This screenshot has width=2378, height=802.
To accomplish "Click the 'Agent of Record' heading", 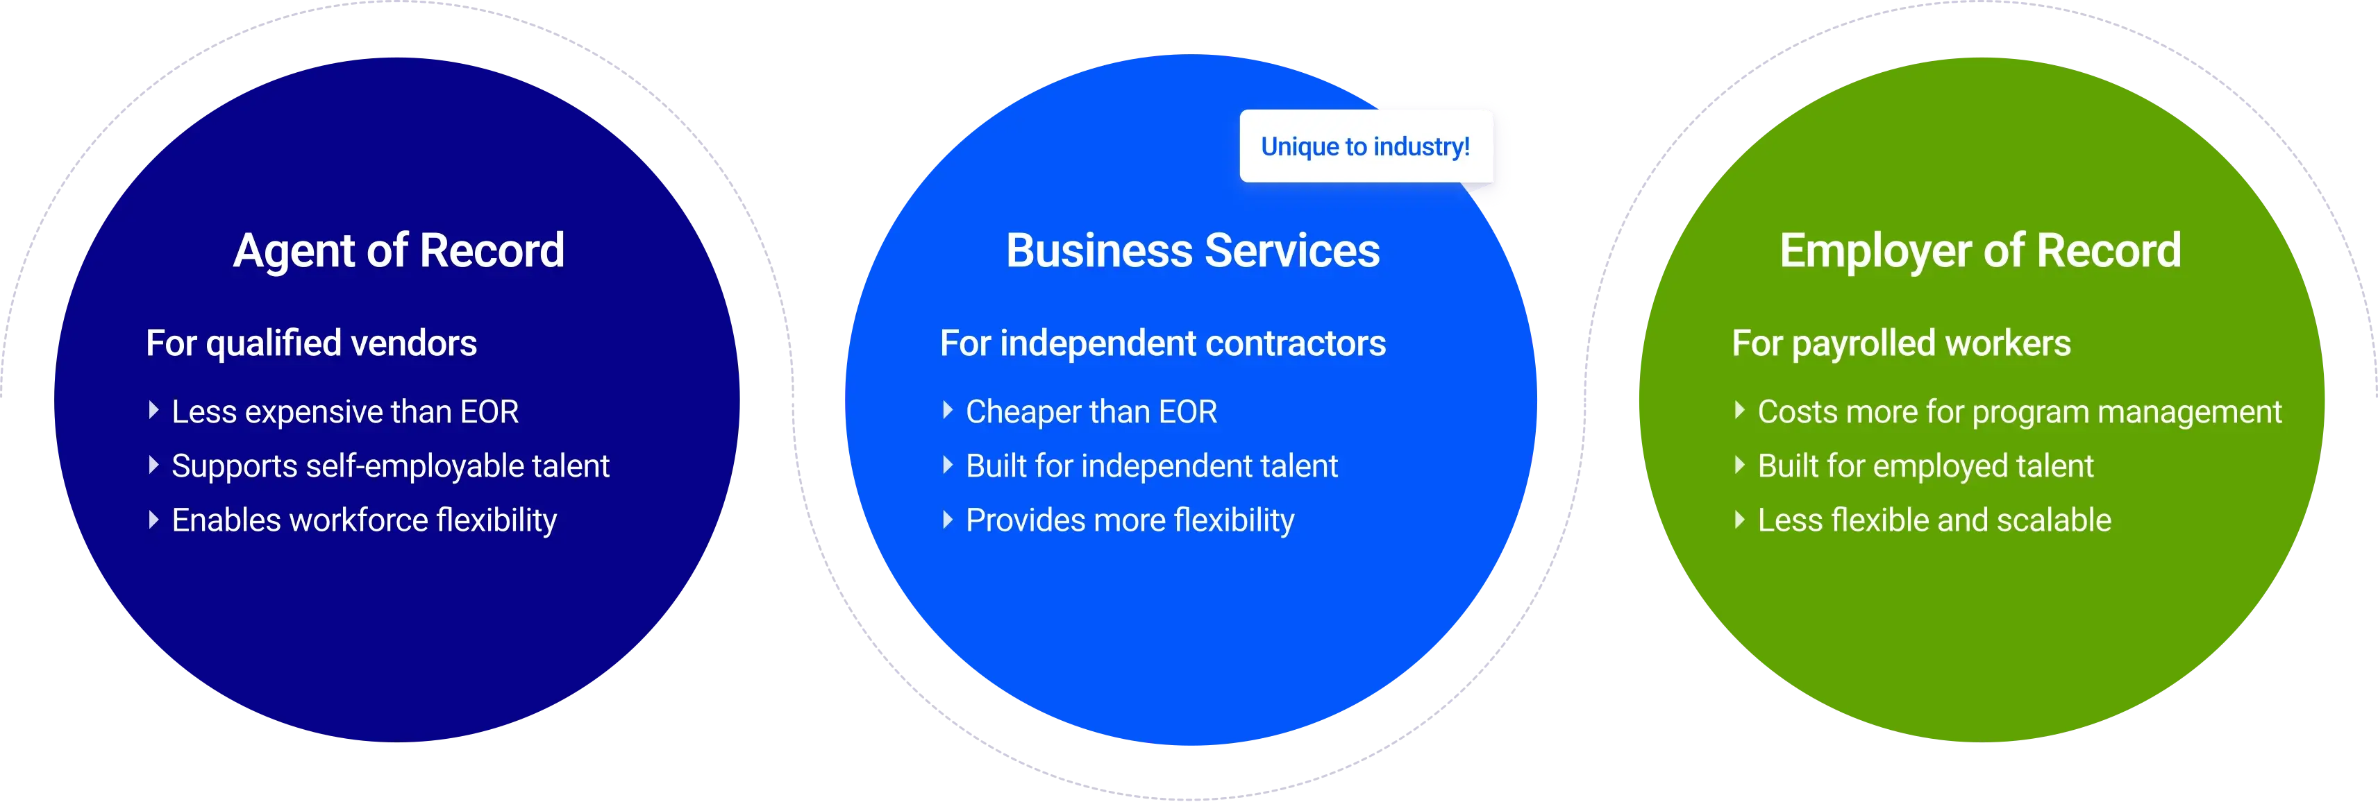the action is tap(399, 251).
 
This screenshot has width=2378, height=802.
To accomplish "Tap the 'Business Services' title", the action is tap(1193, 251).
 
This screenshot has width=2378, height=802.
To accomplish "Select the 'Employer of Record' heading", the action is tap(1980, 251).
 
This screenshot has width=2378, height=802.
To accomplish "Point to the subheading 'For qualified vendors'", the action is tap(311, 343).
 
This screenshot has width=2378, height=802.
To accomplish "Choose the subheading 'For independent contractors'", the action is tap(1162, 343).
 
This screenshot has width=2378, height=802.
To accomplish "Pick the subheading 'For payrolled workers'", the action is tap(1901, 343).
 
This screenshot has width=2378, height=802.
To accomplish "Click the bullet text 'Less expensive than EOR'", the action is tap(345, 411).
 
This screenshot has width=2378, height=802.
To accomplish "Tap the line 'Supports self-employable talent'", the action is tap(390, 466).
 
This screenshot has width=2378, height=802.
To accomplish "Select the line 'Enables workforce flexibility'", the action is tap(364, 520).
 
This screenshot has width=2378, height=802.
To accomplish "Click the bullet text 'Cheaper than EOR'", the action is tap(1091, 411).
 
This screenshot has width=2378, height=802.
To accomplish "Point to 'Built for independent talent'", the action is tap(1151, 466).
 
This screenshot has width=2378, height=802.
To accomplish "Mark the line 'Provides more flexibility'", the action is tap(1130, 520).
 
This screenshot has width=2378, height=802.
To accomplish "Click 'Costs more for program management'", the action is tap(2019, 411).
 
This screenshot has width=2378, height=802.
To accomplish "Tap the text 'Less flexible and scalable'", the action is tap(1934, 520).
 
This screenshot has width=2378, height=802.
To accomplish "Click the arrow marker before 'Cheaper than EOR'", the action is tap(947, 410).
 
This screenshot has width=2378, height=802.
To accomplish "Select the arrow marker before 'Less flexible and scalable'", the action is tap(1739, 520).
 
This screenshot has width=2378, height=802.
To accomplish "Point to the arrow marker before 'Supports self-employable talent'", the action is tap(153, 464).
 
